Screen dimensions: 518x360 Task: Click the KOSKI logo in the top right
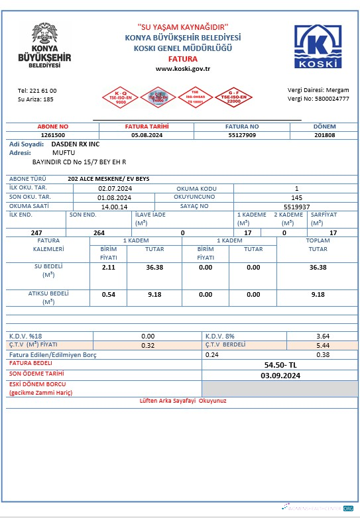pos(320,46)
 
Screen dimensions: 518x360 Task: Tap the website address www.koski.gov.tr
pos(183,68)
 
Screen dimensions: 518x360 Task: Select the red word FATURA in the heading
pos(182,58)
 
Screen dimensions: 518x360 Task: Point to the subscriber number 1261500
pos(53,134)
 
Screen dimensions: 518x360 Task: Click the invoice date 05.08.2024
pos(147,134)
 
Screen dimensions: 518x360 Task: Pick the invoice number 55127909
pos(242,134)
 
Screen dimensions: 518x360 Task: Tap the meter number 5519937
pos(296,206)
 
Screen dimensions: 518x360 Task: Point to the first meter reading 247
pos(37,233)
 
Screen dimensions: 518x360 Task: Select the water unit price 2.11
pos(109,268)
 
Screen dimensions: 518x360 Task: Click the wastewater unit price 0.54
pos(109,294)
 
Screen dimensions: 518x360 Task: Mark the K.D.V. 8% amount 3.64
pos(323,337)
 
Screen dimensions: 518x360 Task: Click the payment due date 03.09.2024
pos(280,376)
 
